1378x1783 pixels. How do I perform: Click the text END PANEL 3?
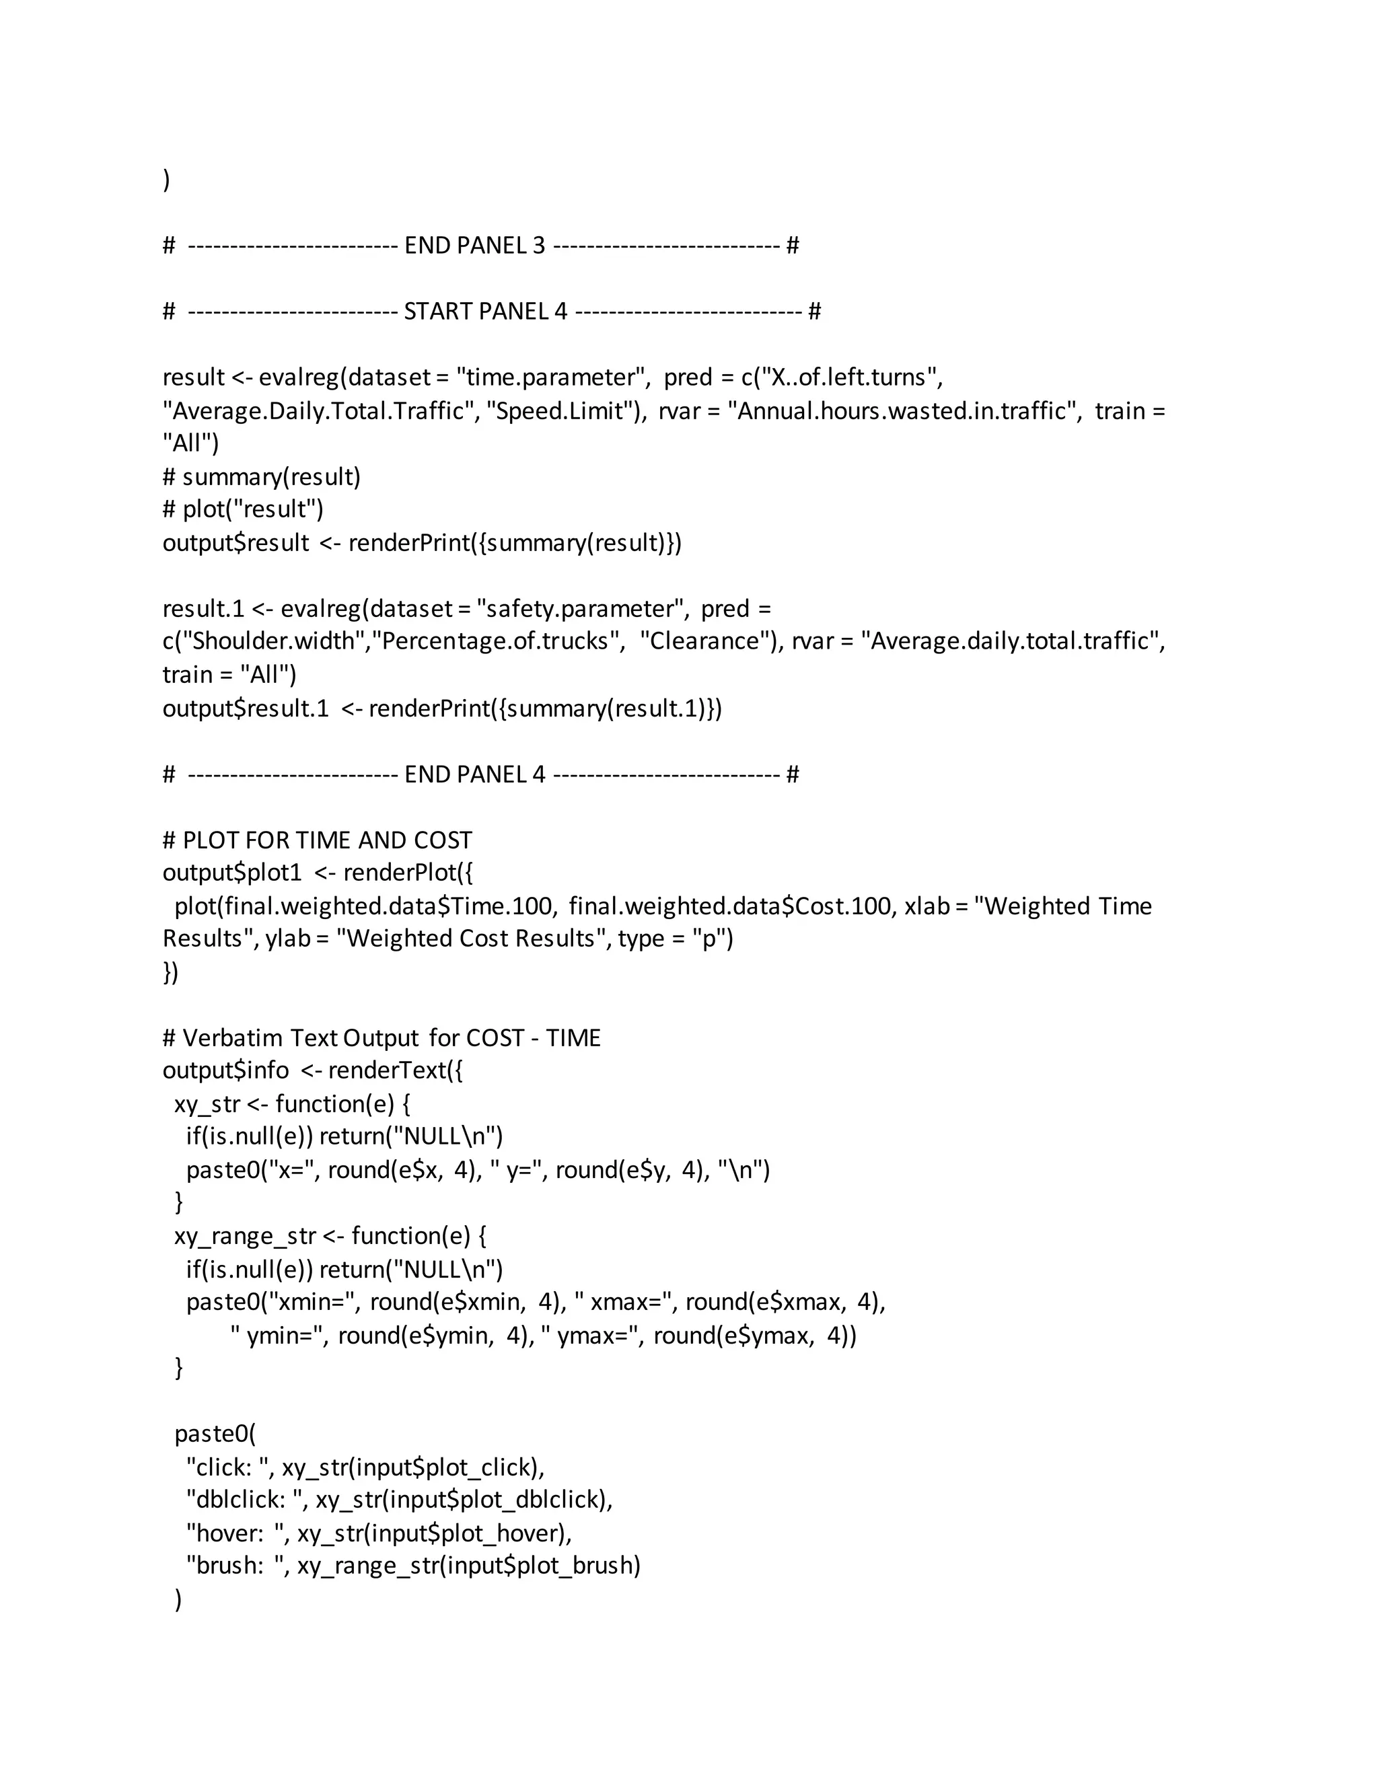(x=474, y=246)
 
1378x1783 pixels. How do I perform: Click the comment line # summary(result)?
(x=261, y=477)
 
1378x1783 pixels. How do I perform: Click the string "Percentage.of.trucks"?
(x=495, y=642)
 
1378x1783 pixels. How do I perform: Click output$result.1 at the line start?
(x=245, y=708)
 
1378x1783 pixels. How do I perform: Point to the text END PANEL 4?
(x=474, y=774)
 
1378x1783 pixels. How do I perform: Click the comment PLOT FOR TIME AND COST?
(x=326, y=841)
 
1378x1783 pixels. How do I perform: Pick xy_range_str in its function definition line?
(x=244, y=1236)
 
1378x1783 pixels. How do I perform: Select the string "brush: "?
(x=234, y=1566)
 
